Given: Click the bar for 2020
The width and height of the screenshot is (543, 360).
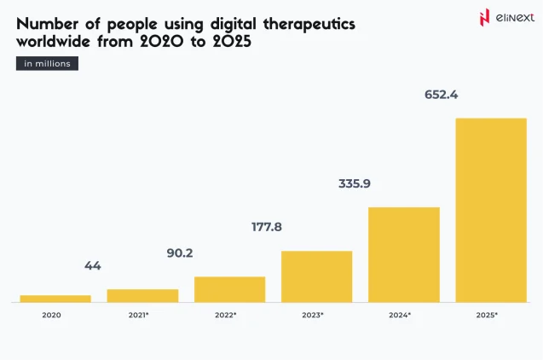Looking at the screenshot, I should coord(55,299).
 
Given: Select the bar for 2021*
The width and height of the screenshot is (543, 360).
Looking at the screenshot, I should coord(142,295).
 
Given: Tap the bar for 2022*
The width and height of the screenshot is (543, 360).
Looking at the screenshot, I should coord(229,289).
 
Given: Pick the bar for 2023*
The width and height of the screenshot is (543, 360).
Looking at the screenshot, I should coord(316,276).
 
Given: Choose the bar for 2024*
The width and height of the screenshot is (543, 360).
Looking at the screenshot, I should coord(403,254).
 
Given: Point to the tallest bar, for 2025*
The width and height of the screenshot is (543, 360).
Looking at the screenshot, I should coord(490,210).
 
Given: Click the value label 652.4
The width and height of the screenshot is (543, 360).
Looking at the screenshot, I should coord(442,95).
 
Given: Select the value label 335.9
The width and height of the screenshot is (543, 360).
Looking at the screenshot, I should coord(355,183).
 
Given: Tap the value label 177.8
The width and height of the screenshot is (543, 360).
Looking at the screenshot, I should coord(267,227).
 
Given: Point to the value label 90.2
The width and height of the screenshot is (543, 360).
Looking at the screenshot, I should coord(180,253).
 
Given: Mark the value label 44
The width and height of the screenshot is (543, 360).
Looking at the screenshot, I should coord(93,266).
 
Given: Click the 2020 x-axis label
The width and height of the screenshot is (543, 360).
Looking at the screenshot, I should coord(51,316).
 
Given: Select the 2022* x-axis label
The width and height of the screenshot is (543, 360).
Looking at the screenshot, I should coord(226,316).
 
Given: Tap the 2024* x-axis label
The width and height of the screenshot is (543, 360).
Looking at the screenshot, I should coord(400,316).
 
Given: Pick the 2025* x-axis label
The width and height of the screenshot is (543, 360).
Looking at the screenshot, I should coord(487,316).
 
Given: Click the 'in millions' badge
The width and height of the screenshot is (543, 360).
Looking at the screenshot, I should coord(48,63).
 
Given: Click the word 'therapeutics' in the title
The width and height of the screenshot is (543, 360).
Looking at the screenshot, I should coord(301,24).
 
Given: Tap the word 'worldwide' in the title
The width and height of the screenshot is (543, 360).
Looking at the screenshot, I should coord(59,42).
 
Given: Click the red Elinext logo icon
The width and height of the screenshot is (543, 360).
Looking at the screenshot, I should coord(485,16).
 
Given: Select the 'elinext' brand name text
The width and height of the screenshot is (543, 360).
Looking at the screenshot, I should coord(512,16).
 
